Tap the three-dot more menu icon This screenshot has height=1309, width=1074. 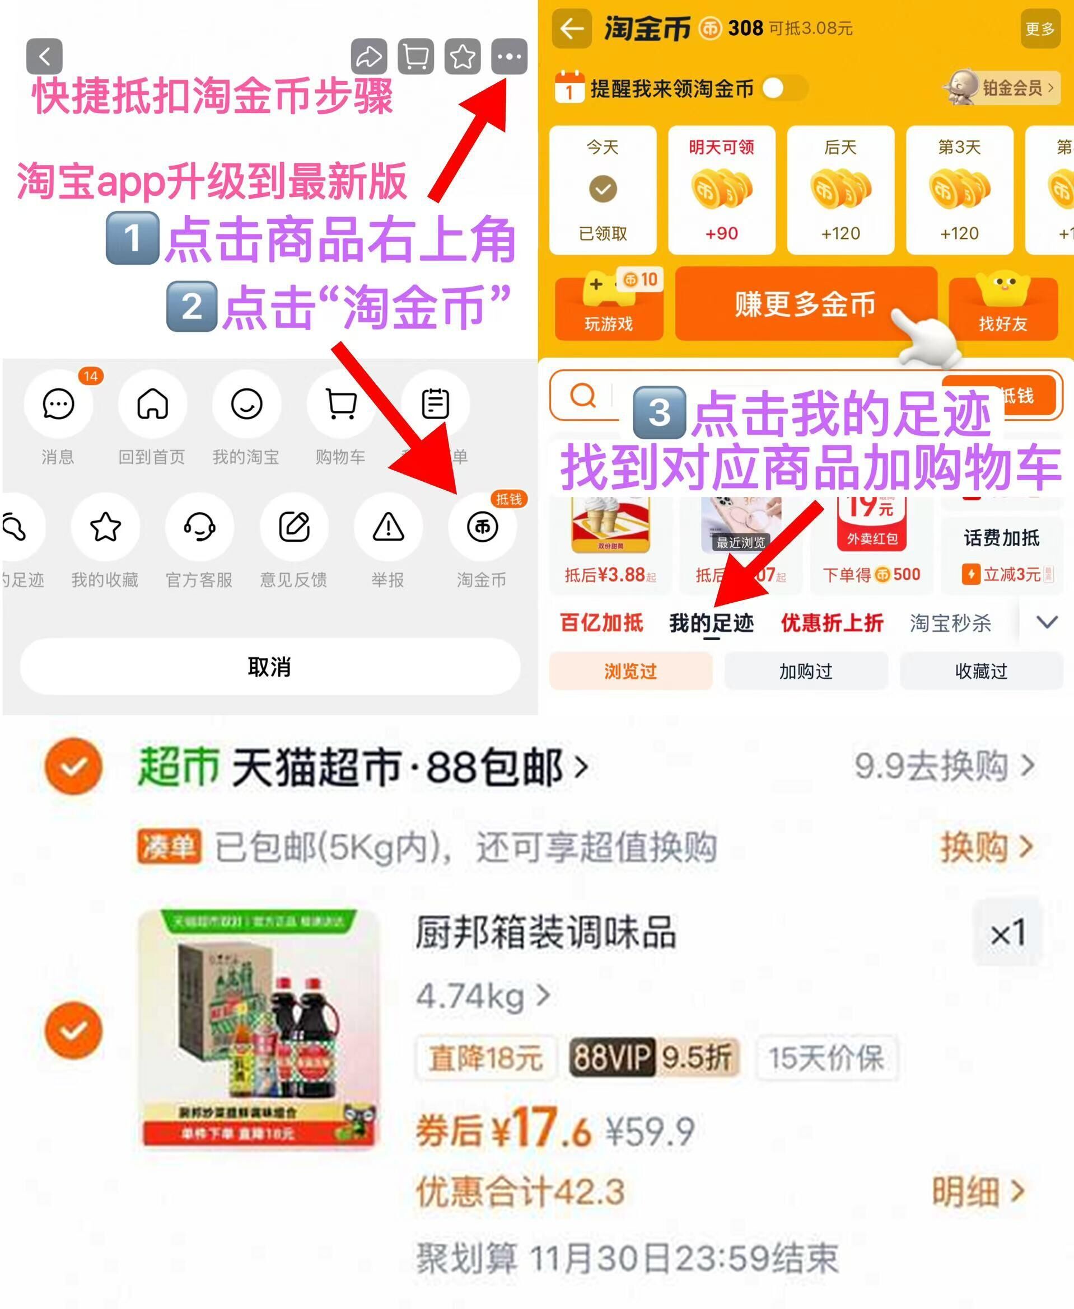tap(508, 57)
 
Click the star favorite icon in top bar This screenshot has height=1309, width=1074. tap(463, 57)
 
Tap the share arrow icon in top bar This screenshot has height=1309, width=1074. tap(368, 57)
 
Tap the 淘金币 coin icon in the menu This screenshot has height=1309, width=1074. tap(482, 527)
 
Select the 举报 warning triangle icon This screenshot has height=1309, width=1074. tap(388, 527)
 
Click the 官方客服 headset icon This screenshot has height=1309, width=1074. tap(199, 527)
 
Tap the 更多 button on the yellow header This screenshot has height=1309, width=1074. tap(1039, 29)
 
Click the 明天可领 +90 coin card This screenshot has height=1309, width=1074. tap(721, 190)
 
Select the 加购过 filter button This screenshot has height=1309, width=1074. tap(805, 671)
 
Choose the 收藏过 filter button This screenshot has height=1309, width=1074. tap(981, 671)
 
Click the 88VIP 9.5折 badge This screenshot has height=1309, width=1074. tap(653, 1057)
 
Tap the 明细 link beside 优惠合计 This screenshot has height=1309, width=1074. tap(978, 1191)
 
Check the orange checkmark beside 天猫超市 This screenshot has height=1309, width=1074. tap(73, 766)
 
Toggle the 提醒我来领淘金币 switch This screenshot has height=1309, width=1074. tap(782, 88)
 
